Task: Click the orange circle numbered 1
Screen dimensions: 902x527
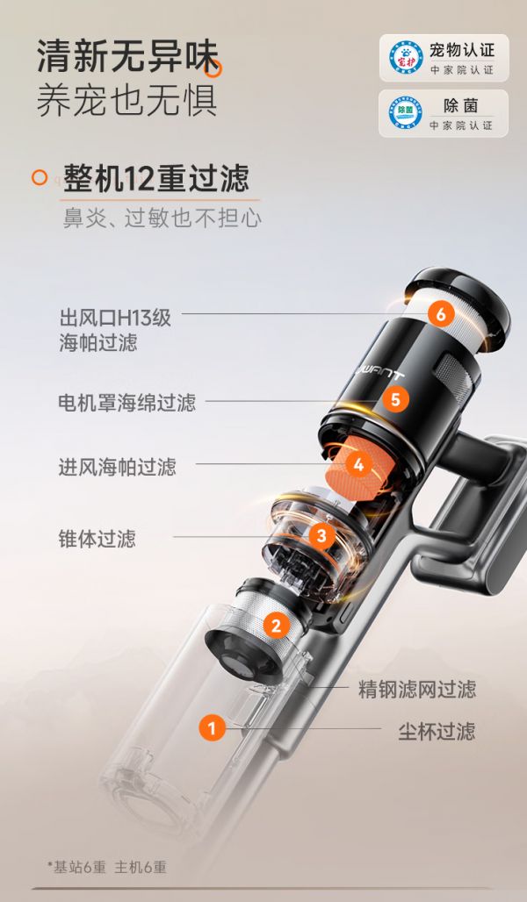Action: point(212,727)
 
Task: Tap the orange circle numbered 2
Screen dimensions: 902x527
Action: point(277,625)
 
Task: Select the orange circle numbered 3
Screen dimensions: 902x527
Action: point(321,535)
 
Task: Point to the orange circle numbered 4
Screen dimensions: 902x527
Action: point(357,463)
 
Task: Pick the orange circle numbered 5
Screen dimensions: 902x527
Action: point(395,400)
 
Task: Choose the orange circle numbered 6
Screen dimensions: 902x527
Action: point(441,313)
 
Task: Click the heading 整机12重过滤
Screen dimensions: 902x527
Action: point(155,178)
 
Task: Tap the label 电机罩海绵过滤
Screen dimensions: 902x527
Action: point(126,403)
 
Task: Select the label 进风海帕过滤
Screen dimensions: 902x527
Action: point(117,467)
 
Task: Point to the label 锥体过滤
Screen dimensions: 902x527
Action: point(97,538)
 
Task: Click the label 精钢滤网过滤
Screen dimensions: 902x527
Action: point(416,689)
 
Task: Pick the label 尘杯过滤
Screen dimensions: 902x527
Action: point(437,730)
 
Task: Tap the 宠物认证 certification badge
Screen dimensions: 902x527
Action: point(443,58)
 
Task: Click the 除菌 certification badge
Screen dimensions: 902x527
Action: point(443,113)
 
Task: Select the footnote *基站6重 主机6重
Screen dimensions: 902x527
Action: point(106,867)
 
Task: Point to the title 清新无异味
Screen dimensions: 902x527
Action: point(126,58)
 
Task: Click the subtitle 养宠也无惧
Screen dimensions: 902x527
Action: point(126,101)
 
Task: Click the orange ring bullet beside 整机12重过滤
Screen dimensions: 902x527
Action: point(39,177)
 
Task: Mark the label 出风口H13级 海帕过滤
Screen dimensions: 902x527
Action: point(115,330)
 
